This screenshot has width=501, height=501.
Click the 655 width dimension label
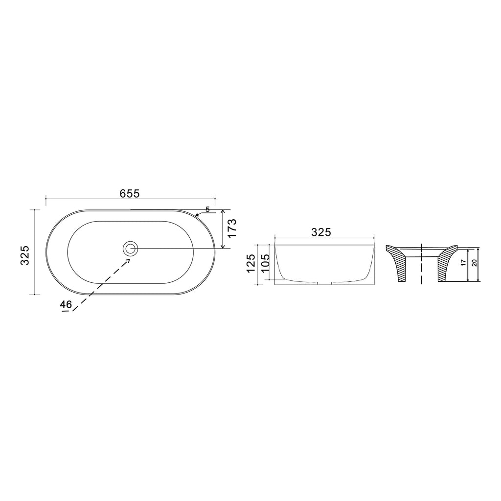[x=130, y=193]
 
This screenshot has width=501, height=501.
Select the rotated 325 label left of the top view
[x=25, y=255]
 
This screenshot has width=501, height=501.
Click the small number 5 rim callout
[x=207, y=209]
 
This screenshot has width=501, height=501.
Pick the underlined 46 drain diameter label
[x=66, y=304]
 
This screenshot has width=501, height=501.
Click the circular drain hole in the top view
[x=131, y=249]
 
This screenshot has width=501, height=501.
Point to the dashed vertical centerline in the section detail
[x=421, y=264]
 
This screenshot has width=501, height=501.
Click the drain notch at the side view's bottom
[x=325, y=283]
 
